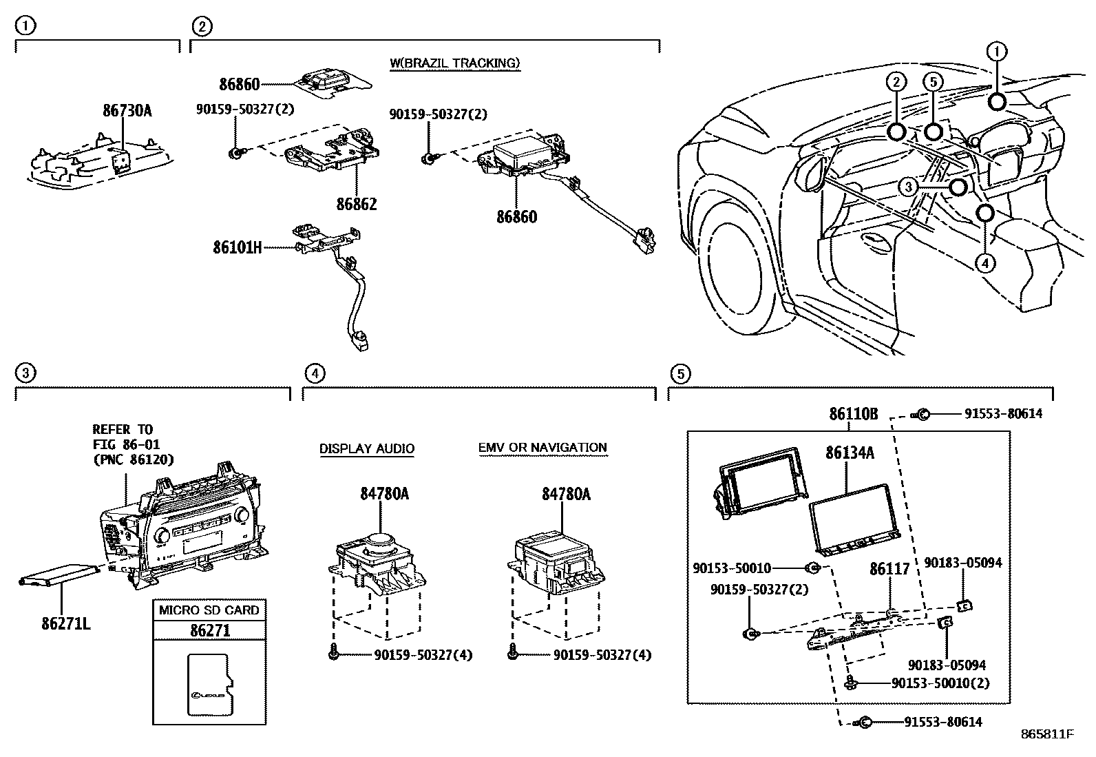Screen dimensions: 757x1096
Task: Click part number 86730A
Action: tap(127, 110)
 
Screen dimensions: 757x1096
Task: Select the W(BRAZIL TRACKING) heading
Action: tap(455, 63)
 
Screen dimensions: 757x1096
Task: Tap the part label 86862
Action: tap(357, 205)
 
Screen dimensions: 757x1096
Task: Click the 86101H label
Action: tap(237, 247)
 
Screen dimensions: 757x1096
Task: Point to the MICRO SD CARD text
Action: tap(209, 610)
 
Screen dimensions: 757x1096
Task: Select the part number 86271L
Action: tap(66, 625)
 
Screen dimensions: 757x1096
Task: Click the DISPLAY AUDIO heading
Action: tap(366, 449)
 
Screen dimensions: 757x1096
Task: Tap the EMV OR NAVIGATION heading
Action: tap(542, 448)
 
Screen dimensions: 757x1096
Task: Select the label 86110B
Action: tap(853, 414)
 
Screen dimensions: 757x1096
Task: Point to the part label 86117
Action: tap(889, 569)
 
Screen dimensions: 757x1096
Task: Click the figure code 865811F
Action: tap(1046, 734)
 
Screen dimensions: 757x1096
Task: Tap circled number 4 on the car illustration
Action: tap(985, 263)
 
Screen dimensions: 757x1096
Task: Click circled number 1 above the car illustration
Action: tap(996, 51)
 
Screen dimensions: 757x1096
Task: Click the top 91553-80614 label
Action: tap(1002, 414)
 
